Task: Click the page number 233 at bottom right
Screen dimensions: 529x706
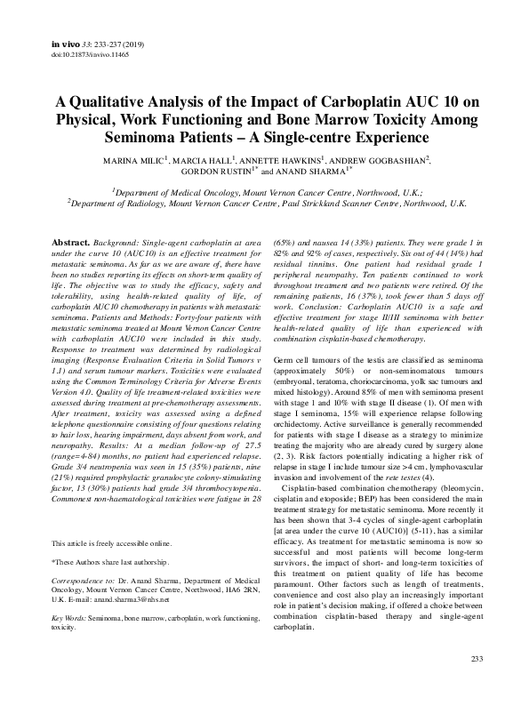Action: pyautogui.click(x=477, y=683)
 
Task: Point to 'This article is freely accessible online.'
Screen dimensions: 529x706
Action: pyautogui.click(x=112, y=517)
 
